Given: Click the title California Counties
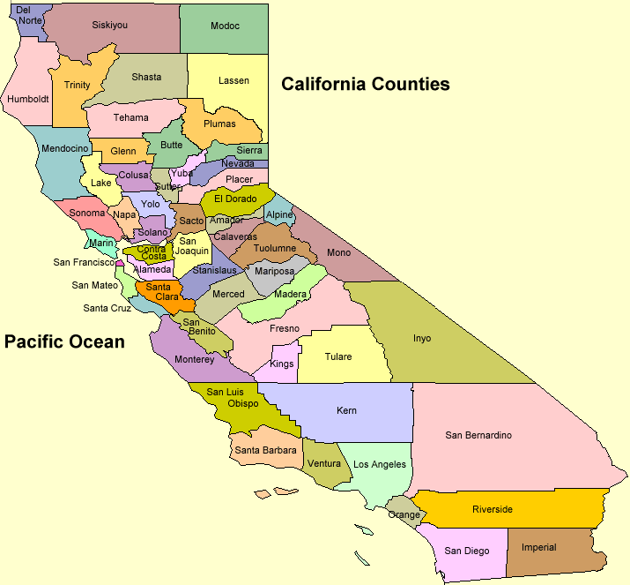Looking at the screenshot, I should click(365, 85).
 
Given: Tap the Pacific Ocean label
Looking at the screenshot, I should click(64, 341).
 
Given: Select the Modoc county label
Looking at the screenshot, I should click(225, 26).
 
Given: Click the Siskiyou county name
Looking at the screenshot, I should click(109, 26).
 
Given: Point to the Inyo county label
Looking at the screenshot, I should click(422, 338).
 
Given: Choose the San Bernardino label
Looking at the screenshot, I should click(478, 435).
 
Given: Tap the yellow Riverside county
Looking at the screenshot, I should click(492, 509).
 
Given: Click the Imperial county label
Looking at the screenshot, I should click(538, 547).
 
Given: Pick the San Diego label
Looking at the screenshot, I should click(466, 551).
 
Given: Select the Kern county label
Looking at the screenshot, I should click(346, 411).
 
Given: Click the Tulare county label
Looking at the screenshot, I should click(337, 357).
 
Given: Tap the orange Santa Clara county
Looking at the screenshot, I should click(161, 292).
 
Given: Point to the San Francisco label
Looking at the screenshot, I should click(84, 262).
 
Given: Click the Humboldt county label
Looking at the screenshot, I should click(28, 99).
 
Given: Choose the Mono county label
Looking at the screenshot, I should click(338, 253).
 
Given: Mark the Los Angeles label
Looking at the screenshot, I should click(380, 464).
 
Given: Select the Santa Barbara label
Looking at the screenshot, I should click(265, 451).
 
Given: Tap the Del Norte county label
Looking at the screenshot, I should click(29, 14).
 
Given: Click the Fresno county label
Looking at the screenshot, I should click(285, 328).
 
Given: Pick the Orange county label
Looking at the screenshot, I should click(404, 514).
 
